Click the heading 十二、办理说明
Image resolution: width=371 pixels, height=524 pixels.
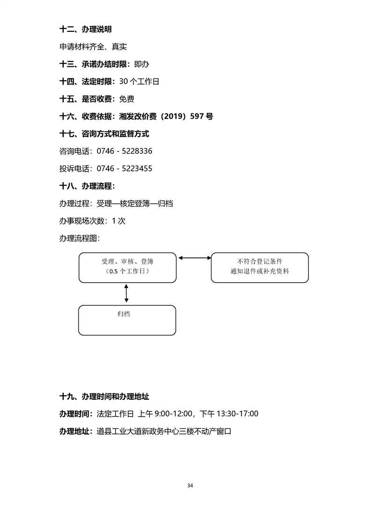(x=86, y=29)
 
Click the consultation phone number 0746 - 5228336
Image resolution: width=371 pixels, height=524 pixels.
(x=124, y=151)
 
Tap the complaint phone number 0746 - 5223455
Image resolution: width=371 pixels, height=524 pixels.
(x=124, y=169)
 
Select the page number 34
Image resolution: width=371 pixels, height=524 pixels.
(x=190, y=485)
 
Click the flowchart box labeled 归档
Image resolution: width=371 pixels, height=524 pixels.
(x=127, y=320)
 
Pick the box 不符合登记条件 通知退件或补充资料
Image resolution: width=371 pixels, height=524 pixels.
(x=260, y=268)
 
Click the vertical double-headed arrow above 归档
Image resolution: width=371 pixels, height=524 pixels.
(x=126, y=294)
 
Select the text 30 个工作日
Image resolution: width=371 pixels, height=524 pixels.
(x=139, y=82)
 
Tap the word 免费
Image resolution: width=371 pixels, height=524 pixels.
(x=127, y=99)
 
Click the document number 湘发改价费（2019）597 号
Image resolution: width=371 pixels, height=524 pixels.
(x=166, y=116)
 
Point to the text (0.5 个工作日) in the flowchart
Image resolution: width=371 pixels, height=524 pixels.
(x=127, y=271)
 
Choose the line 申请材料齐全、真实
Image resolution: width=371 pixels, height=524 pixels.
(x=93, y=47)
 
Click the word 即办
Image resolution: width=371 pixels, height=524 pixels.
(x=141, y=64)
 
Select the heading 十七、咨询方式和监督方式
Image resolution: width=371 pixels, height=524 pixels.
(x=104, y=134)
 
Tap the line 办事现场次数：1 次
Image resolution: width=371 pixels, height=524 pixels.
(x=92, y=221)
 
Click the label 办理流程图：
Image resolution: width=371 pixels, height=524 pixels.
(x=80, y=238)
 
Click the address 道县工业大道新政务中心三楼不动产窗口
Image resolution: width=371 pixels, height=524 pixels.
(x=164, y=432)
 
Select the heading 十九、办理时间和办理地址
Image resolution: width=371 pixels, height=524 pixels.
(x=104, y=397)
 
